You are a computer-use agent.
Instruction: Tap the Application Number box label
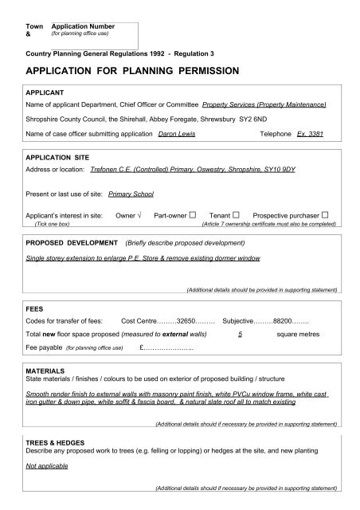[84, 27]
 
